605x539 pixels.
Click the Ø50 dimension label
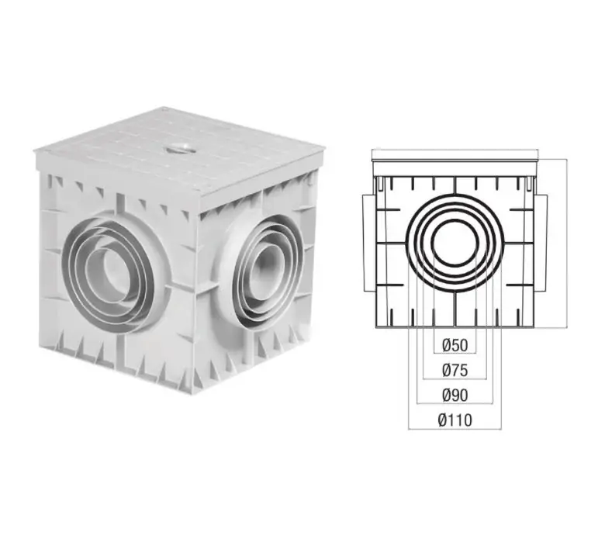click(x=455, y=345)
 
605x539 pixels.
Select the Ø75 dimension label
click(x=455, y=371)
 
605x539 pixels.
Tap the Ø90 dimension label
click(x=455, y=396)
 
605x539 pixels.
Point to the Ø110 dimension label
click(x=455, y=420)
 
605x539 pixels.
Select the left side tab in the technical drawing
click(x=368, y=243)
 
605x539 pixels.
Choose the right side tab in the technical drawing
click(x=541, y=243)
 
